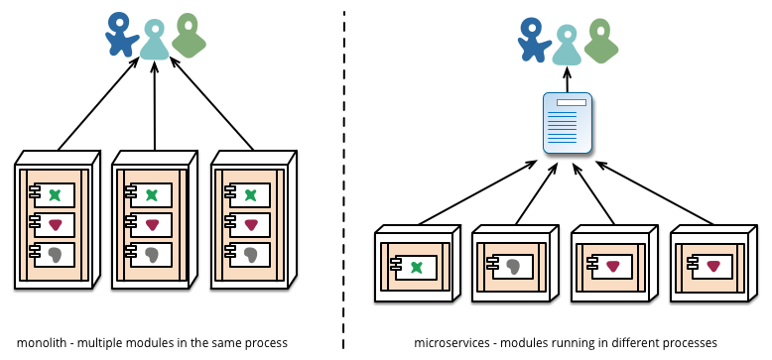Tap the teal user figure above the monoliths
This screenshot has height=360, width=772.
tap(153, 41)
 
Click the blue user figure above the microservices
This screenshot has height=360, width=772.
tap(535, 39)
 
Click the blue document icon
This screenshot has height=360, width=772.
tap(568, 123)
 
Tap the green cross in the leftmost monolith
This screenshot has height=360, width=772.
tap(54, 195)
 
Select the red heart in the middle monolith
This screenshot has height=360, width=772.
tap(153, 225)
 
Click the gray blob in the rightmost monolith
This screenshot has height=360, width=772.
tap(250, 255)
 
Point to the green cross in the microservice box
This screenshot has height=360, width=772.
tap(417, 266)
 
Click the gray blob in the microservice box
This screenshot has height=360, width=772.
tap(514, 266)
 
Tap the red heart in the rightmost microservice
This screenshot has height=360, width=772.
tap(712, 266)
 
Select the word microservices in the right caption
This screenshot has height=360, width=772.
tap(450, 342)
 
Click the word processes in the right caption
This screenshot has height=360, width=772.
tap(691, 342)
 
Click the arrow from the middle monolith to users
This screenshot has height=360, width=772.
tap(154, 109)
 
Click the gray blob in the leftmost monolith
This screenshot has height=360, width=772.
tap(54, 255)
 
